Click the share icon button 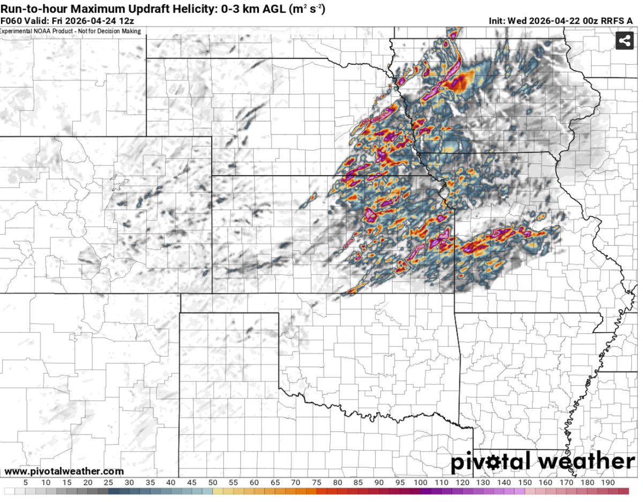point(624,40)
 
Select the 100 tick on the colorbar point(420,483)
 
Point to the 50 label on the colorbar point(213,483)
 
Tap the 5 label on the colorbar point(25,483)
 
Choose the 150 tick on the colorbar point(525,483)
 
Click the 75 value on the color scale point(316,483)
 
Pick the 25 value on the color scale point(109,483)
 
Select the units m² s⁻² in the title point(307,9)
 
